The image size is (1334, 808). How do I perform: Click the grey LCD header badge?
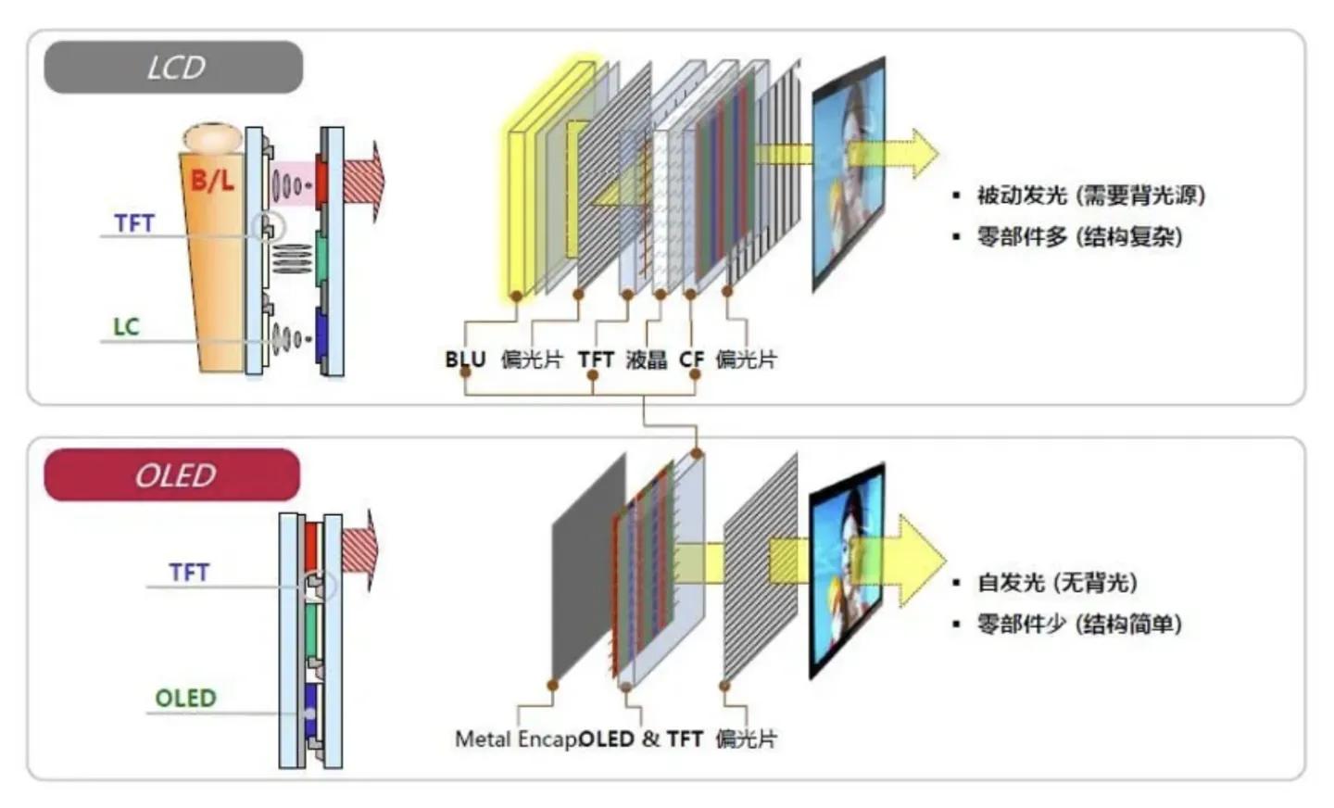tap(173, 68)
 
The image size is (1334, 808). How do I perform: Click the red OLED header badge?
tap(172, 475)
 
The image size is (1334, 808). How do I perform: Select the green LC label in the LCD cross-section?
tap(126, 327)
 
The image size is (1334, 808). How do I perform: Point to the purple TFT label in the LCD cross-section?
tap(134, 223)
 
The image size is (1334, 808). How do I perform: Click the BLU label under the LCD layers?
tap(465, 360)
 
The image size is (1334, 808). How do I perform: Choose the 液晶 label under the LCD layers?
tap(646, 360)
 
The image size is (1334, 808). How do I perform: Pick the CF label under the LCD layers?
tap(691, 360)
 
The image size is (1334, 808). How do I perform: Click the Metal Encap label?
tap(515, 739)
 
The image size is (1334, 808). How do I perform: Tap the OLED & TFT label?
tap(640, 739)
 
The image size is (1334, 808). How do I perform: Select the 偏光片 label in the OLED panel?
tap(746, 739)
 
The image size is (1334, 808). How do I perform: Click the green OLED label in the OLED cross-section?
tap(185, 698)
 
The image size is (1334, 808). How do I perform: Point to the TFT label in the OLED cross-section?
tap(189, 573)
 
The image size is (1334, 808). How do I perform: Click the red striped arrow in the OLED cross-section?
tap(361, 549)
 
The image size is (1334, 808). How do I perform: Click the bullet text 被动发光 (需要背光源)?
tap(1090, 196)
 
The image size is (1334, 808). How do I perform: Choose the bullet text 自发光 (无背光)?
tap(1057, 583)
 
